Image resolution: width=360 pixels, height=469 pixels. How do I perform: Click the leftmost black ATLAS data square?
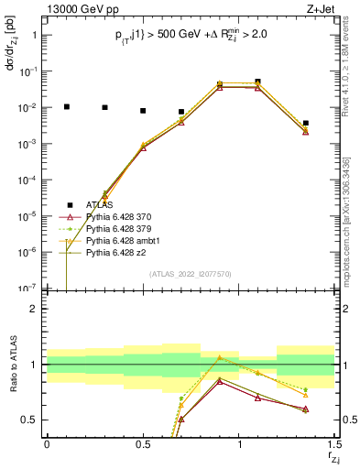pos(66,106)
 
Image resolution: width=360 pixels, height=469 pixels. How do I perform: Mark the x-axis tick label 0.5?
pos(143,444)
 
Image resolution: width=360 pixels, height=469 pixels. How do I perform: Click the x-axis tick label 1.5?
pos(334,444)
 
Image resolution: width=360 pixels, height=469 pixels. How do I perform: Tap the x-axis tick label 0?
pos(47,444)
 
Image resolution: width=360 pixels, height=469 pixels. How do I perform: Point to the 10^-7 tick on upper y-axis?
pos(27,289)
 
